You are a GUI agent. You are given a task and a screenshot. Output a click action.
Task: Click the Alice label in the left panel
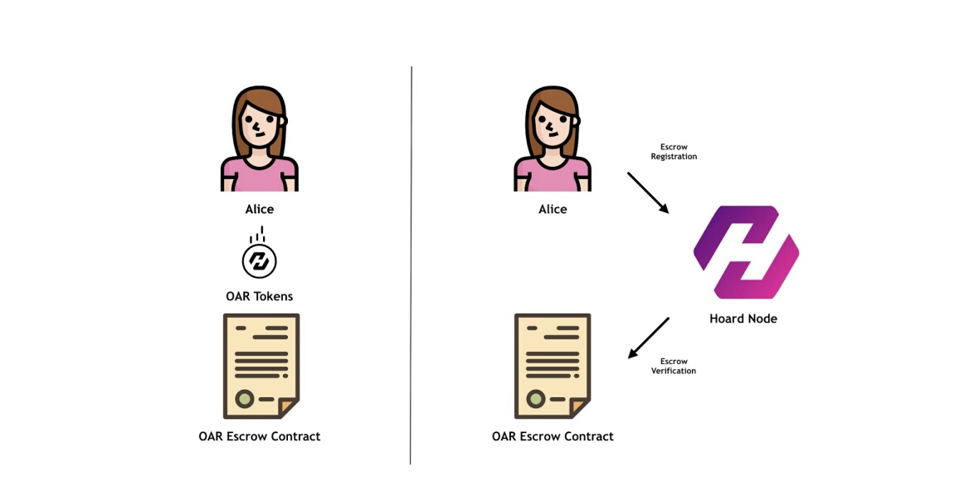pos(260,209)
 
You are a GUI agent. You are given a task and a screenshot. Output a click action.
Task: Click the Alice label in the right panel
pos(553,209)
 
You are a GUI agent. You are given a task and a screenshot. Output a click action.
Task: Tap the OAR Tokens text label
pos(260,297)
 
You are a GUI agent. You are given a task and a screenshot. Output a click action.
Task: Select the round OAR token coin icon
pos(260,260)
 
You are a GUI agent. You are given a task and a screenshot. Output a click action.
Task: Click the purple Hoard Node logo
pos(746,252)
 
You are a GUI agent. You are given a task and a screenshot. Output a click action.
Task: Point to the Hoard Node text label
pos(743,319)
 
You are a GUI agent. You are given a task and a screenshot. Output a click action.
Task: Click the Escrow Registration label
pos(674,152)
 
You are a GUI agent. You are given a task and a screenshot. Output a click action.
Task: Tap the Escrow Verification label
pos(674,366)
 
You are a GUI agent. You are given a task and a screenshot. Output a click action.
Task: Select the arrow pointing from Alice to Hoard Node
pos(648,192)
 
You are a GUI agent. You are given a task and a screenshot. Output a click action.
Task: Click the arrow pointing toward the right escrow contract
pos(648,338)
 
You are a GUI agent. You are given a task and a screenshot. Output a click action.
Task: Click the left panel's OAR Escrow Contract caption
pos(260,436)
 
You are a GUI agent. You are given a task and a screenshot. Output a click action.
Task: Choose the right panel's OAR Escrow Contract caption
pos(553,436)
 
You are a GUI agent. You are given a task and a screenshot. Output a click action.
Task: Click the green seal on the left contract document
pos(245,399)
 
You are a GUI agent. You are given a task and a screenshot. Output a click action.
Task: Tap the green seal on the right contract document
pos(536,399)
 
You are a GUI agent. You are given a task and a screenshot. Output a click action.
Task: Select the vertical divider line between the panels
pos(411,265)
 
